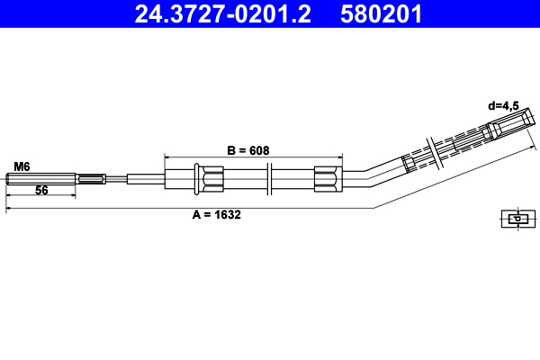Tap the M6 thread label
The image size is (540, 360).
[x=22, y=166]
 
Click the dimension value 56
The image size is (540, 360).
[x=41, y=191]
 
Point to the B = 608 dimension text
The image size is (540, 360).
[x=247, y=149]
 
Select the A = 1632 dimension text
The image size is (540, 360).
[x=216, y=214]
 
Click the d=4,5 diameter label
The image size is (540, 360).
[x=504, y=105]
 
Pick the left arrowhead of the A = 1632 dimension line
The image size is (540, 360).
[x=10, y=209]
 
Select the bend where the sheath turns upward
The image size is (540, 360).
[x=364, y=175]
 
